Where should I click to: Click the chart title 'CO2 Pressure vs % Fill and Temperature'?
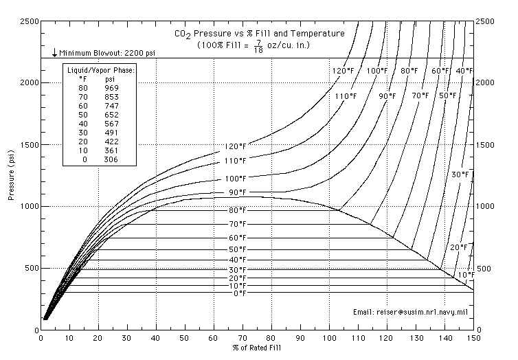pyautogui.click(x=258, y=32)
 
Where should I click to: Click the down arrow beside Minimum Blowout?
pyautogui.click(x=54, y=53)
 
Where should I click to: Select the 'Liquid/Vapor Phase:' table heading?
pyautogui.click(x=100, y=70)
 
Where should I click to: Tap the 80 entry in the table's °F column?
pyautogui.click(x=82, y=88)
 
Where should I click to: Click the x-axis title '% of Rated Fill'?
pyautogui.click(x=257, y=348)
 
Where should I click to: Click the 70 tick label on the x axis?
pyautogui.click(x=243, y=338)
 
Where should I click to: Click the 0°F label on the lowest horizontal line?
pyautogui.click(x=238, y=294)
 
